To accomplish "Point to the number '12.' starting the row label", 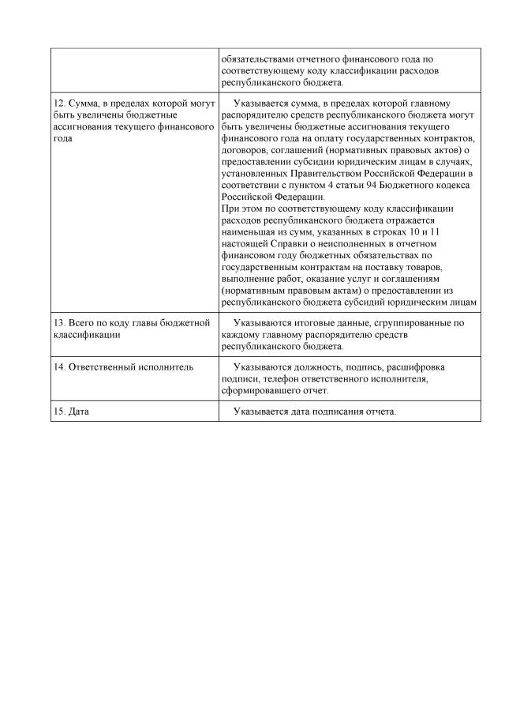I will click(60, 103).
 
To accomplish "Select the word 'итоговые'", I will click(320, 323).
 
